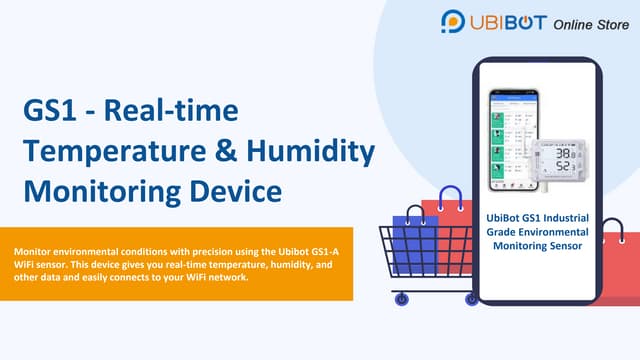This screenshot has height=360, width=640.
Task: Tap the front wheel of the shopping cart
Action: coord(402,298)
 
